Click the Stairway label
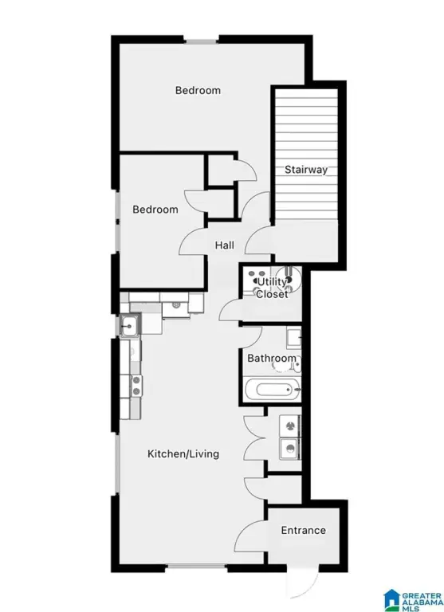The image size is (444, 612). (x=306, y=170)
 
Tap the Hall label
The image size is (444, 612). (x=225, y=245)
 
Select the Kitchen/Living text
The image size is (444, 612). (x=183, y=454)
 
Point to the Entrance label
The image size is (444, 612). (x=304, y=530)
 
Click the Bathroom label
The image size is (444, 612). (x=272, y=358)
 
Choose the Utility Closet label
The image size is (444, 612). (x=272, y=288)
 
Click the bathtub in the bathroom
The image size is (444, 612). (x=272, y=389)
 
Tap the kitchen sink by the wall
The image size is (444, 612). (x=128, y=325)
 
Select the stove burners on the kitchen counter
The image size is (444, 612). (x=136, y=385)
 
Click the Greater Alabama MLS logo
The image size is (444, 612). (x=413, y=600)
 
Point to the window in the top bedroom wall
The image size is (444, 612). (x=201, y=40)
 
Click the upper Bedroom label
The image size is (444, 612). (x=198, y=91)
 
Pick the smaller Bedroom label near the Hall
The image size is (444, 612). (x=155, y=210)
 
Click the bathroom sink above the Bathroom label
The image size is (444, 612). (x=293, y=338)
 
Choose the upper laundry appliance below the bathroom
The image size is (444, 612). (x=289, y=426)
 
